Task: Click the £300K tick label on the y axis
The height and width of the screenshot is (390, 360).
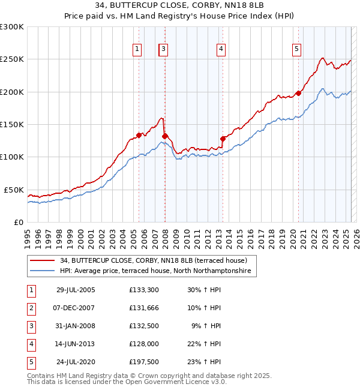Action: (x=12, y=27)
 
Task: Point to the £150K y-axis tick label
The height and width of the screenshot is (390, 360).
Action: (x=12, y=124)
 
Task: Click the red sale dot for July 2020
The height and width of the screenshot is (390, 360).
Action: (x=298, y=94)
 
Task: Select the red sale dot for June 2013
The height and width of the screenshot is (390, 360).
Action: (x=223, y=139)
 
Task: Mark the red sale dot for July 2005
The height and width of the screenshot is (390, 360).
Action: (x=139, y=135)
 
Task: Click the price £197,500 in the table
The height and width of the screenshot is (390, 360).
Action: (x=143, y=362)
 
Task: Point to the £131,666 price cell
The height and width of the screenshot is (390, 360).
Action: (x=143, y=308)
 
